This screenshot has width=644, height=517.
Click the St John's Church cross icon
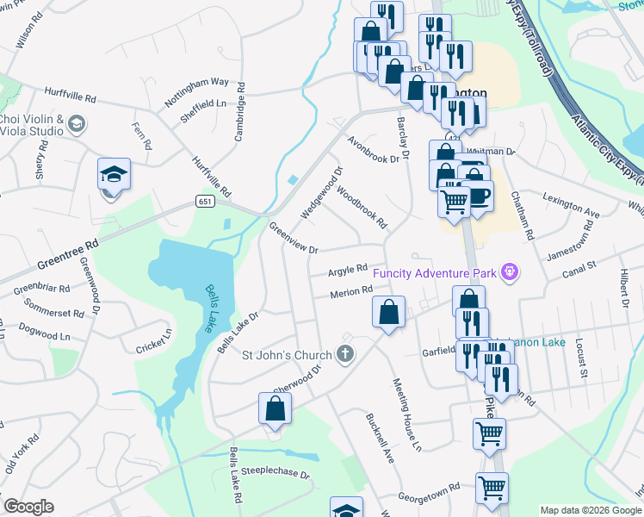click(345, 353)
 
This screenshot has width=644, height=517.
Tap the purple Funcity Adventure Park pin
click(511, 273)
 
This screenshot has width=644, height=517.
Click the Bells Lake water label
click(213, 301)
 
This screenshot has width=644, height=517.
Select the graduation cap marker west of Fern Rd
click(114, 175)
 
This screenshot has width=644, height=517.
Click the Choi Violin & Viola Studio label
click(32, 125)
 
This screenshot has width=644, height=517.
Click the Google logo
click(28, 507)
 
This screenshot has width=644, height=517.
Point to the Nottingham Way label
click(196, 90)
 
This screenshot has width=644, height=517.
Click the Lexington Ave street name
click(571, 204)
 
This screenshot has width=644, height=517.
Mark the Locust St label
click(583, 363)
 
